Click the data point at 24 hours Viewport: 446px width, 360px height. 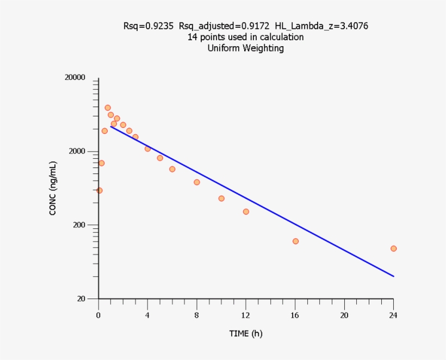tap(393, 249)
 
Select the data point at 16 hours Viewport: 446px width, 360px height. tap(295, 241)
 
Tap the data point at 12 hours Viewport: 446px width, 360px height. tap(246, 212)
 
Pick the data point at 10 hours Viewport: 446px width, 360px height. tap(221, 198)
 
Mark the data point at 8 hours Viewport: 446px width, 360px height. tap(197, 182)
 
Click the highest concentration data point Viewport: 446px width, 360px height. tap(108, 108)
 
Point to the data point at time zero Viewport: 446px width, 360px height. tap(99, 190)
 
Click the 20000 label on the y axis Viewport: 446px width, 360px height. tap(75, 78)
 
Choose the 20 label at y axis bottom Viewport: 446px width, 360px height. tap(82, 299)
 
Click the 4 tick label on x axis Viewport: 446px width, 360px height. tap(147, 315)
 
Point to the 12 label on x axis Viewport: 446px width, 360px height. tap(246, 315)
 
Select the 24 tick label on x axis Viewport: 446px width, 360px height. tap(393, 315)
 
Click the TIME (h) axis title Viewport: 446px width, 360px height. tap(246, 333)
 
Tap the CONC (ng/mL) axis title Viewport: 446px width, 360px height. tap(53, 188)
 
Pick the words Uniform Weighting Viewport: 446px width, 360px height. tap(246, 48)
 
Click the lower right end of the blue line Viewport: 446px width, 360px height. tap(393, 276)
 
